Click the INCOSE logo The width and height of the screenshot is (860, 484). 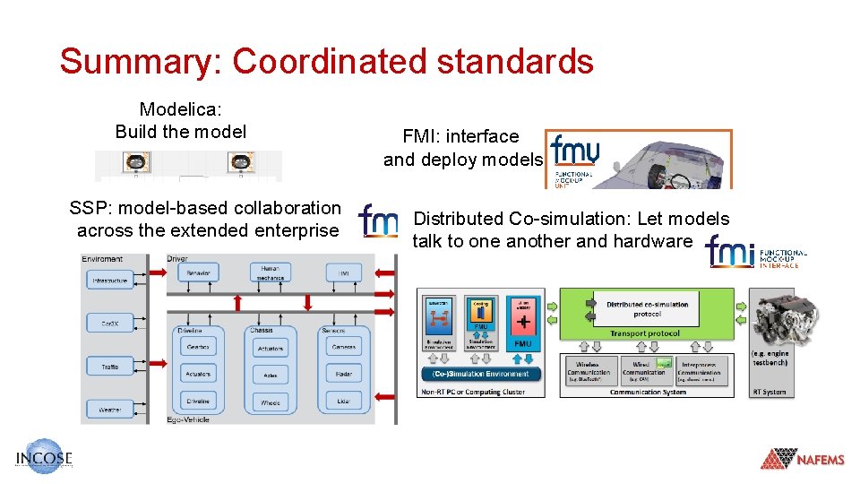[x=43, y=457]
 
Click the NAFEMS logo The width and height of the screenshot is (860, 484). [x=803, y=459]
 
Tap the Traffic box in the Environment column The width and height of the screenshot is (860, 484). [x=109, y=366]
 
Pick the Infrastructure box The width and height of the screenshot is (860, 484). [x=109, y=281]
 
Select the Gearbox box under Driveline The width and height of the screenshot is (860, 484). [x=197, y=347]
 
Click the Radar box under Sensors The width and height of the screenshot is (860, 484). [x=342, y=374]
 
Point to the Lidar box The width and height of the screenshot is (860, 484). [x=342, y=401]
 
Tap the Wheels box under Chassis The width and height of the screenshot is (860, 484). [x=270, y=402]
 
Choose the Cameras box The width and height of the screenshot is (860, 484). [x=342, y=347]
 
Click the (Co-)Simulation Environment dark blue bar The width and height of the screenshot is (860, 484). [x=481, y=374]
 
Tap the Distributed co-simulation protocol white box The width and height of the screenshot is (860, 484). [x=646, y=309]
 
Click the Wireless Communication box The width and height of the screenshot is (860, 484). [x=589, y=369]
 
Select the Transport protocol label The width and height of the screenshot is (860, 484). [x=646, y=333]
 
